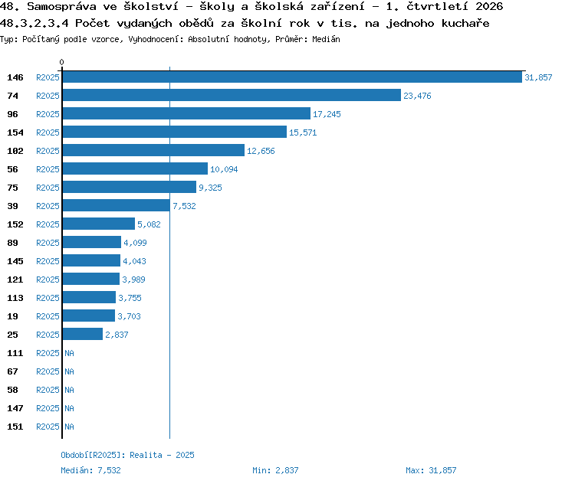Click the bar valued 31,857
tap(292, 77)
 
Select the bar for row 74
tap(232, 95)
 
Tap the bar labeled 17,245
tap(186, 113)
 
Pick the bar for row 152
tap(99, 224)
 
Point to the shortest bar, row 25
tap(83, 334)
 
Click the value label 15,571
tap(303, 132)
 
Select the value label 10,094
tap(224, 169)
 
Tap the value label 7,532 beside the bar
tap(184, 206)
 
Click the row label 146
tap(15, 77)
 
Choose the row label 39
tap(12, 206)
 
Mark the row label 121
tap(15, 280)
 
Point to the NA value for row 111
tap(69, 353)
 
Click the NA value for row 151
tap(69, 427)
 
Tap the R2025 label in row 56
tap(48, 169)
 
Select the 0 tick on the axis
tap(61, 62)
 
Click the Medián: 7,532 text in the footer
tap(90, 470)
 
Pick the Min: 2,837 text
tap(275, 470)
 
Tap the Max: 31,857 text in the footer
tap(431, 470)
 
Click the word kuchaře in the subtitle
tap(465, 24)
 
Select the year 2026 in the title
tap(489, 6)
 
